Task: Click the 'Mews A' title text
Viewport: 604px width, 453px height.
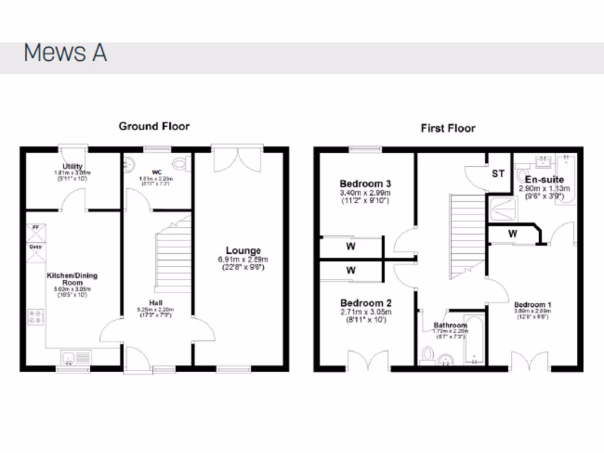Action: coord(65,53)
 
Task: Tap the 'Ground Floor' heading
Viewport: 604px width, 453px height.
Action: coord(154,126)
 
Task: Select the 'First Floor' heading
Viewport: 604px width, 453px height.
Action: coord(448,128)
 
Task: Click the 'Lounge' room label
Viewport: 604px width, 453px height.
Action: coord(242,251)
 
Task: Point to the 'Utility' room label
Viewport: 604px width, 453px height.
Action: coord(72,166)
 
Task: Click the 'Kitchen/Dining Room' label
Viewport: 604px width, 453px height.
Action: coord(72,279)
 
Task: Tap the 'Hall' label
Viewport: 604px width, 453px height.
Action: coord(157,303)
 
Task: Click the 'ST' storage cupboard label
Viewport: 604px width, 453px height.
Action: coord(498,173)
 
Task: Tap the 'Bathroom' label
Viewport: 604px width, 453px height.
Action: coord(451,325)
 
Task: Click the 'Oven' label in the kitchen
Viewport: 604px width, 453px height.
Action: coord(35,248)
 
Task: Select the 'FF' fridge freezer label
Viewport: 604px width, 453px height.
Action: coord(35,226)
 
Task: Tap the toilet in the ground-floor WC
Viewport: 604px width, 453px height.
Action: coord(180,163)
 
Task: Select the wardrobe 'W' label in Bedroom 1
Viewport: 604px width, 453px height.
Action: coord(513,234)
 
